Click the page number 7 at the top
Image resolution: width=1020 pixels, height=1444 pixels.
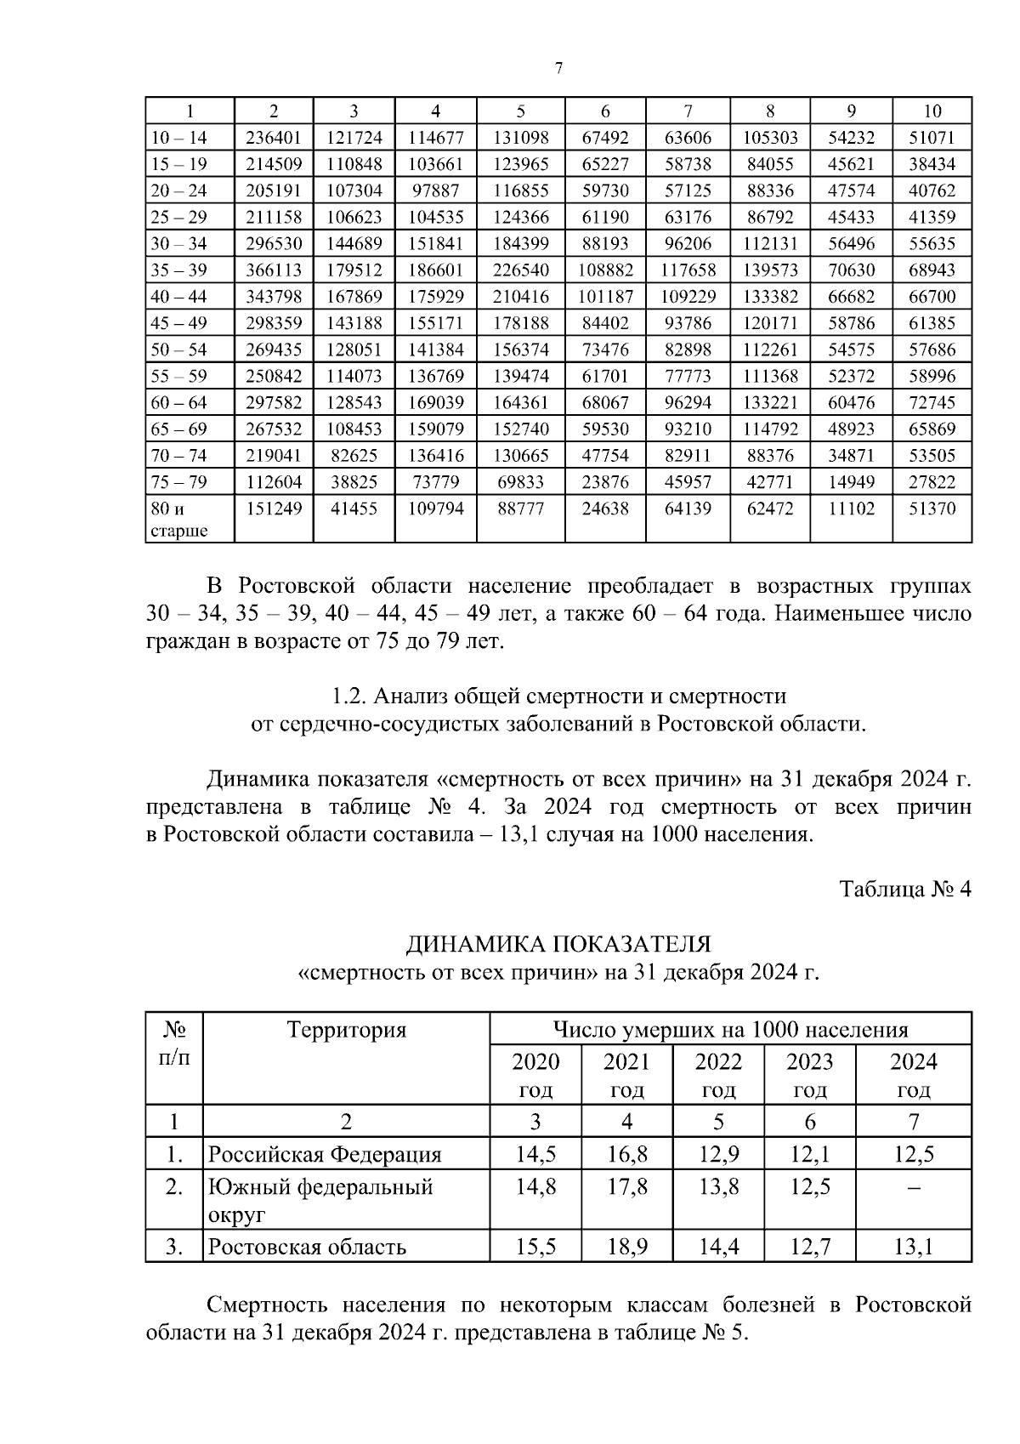pos(558,68)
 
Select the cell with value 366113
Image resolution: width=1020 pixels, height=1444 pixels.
pos(274,270)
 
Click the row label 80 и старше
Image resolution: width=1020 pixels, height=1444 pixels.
pos(178,520)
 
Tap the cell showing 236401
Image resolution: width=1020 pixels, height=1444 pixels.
pos(274,137)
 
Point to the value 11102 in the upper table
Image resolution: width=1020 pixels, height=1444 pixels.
pos(851,509)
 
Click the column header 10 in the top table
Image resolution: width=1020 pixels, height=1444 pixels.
pos(932,111)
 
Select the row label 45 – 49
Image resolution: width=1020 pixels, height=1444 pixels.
pos(178,323)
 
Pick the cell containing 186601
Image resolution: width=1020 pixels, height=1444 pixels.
pos(436,270)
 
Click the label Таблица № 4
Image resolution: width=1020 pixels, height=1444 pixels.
pos(904,889)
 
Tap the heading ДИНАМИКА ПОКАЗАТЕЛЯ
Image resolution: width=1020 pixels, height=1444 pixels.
pos(558,944)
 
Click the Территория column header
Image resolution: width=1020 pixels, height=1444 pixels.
pos(347,1030)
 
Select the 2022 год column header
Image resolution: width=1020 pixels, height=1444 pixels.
pos(718,1075)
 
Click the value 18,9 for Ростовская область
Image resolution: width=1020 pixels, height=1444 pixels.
pos(626,1247)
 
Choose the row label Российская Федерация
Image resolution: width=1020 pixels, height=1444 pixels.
pos(325,1154)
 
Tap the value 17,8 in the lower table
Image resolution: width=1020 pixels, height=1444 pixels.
pos(626,1185)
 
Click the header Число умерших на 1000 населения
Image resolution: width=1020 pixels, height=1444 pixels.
pos(730,1030)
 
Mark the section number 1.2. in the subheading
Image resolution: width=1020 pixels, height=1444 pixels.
pos(347,696)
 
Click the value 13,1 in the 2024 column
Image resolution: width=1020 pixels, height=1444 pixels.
pos(914,1247)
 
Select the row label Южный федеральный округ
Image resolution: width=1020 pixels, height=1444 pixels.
pos(320,1199)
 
